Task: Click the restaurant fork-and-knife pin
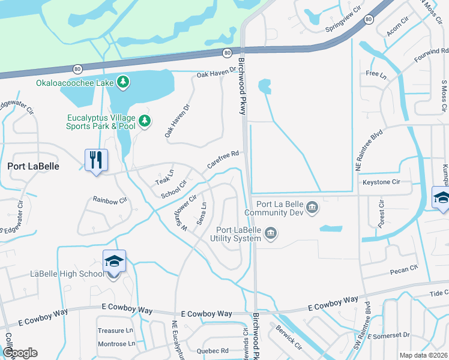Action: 96,160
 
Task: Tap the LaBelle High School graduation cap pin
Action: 114,262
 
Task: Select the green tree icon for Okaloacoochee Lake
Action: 123,82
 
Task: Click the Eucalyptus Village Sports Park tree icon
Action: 145,122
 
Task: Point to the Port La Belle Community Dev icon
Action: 312,208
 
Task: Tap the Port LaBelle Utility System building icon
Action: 271,232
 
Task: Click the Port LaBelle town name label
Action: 33,166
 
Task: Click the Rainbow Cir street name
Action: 110,199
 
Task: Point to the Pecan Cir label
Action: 404,268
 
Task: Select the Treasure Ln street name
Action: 115,331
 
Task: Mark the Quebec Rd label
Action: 212,350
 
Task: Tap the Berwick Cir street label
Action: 289,337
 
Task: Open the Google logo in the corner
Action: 20,352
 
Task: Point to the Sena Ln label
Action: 203,214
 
